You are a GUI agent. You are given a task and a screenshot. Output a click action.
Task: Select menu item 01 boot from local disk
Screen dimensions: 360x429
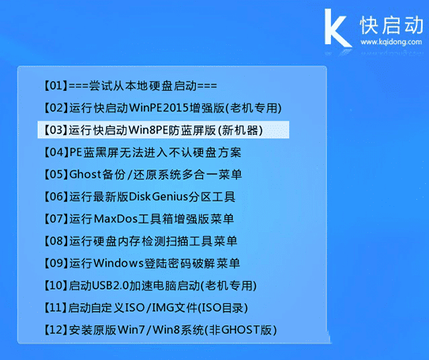pos(127,85)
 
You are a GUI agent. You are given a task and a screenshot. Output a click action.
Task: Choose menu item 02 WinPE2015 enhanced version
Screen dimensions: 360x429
pos(159,107)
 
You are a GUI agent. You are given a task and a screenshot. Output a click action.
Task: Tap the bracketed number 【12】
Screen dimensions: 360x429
pos(51,328)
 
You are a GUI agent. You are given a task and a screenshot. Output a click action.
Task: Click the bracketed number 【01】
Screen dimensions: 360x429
pos(51,85)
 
